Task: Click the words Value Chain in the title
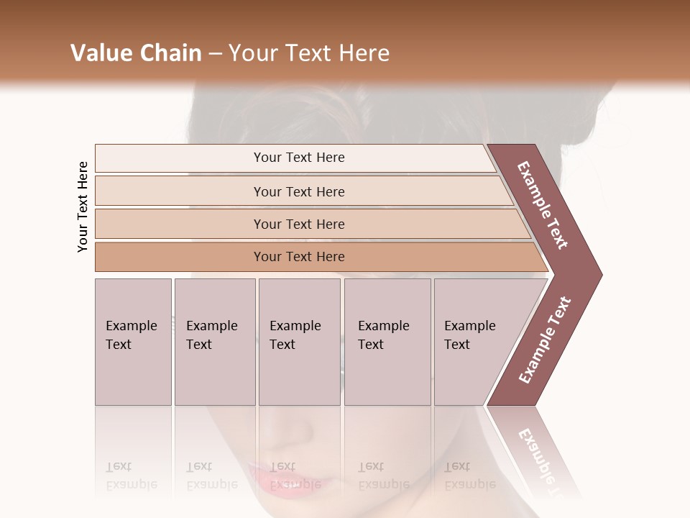point(136,53)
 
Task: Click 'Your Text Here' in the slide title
point(309,53)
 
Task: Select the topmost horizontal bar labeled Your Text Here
point(298,158)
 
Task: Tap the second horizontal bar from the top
point(298,191)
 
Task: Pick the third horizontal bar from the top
point(298,224)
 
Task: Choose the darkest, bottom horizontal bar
point(298,257)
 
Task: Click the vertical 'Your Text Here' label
point(83,206)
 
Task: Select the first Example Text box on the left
point(133,342)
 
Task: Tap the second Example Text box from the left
point(214,342)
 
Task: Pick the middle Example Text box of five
point(299,342)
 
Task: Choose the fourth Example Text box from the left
point(387,342)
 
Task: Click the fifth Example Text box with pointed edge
point(474,342)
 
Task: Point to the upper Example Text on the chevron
point(543,205)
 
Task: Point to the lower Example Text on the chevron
point(545,340)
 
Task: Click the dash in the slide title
point(215,53)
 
